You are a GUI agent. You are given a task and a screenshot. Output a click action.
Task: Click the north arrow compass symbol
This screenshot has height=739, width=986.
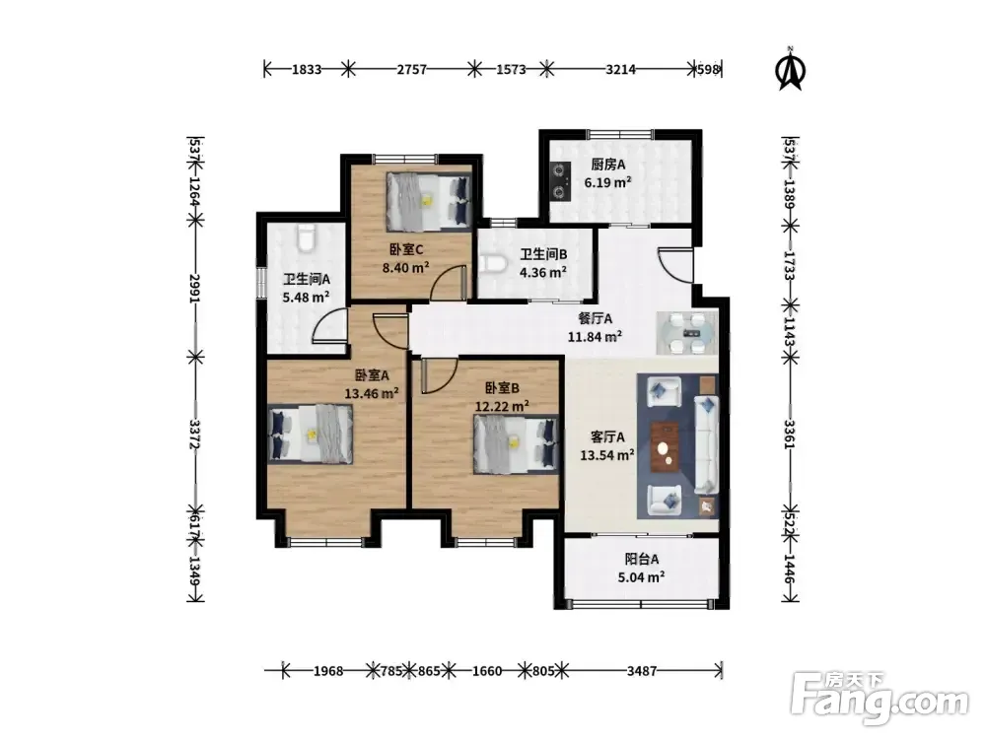click(x=791, y=69)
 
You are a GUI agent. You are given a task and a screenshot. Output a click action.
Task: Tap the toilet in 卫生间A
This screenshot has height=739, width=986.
click(x=306, y=238)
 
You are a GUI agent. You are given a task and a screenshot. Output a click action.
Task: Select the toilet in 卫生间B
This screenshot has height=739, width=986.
click(x=492, y=263)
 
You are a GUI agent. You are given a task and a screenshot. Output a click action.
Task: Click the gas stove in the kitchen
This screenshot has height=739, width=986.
click(x=559, y=181)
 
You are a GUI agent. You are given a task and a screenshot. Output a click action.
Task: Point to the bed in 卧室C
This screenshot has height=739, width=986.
click(x=428, y=201)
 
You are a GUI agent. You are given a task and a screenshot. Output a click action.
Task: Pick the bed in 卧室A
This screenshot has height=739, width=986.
click(x=310, y=434)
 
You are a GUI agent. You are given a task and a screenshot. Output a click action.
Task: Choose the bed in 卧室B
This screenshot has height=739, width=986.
click(x=516, y=443)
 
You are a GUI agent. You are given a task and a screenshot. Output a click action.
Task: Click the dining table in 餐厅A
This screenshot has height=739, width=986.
click(x=686, y=332)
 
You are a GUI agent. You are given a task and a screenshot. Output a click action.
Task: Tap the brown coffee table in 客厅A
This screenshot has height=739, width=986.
click(x=665, y=446)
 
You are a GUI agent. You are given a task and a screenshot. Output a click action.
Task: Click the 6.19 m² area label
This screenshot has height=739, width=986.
click(x=607, y=183)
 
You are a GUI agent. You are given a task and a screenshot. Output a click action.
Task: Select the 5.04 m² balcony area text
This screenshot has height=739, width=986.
click(x=642, y=576)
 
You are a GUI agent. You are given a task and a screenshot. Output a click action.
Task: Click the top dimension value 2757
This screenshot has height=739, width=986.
click(x=412, y=70)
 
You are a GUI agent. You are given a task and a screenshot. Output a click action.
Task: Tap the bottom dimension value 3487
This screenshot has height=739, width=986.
click(x=642, y=671)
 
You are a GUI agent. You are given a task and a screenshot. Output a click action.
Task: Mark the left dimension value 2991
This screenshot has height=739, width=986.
click(x=195, y=289)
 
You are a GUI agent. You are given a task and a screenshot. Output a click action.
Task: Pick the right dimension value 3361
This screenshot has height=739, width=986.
click(x=790, y=435)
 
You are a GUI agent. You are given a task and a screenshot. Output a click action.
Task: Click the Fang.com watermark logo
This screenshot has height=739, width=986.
click(x=880, y=699)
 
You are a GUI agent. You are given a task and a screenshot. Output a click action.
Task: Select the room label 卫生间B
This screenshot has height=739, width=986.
click(x=543, y=254)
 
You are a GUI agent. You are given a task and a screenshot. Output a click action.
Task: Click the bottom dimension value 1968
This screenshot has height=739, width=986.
click(x=328, y=671)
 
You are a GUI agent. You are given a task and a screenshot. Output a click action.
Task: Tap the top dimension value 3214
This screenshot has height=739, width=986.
click(x=620, y=70)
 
